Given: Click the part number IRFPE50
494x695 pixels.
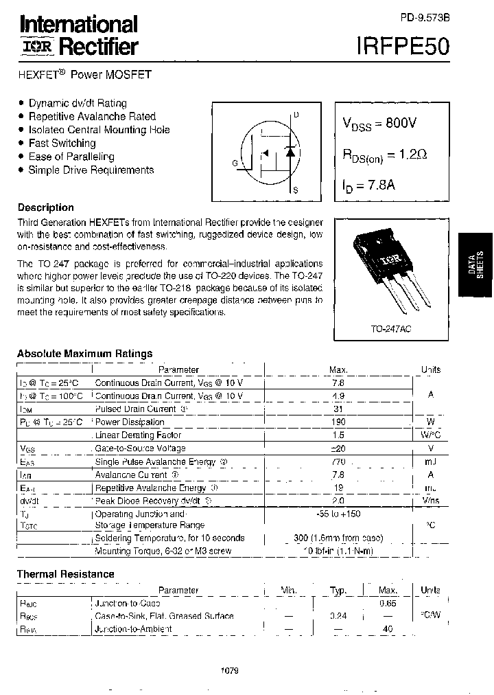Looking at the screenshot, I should coord(403,45).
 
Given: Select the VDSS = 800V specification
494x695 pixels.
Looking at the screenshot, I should coord(379,124).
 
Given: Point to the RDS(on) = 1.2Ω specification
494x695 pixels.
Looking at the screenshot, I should coord(385,155).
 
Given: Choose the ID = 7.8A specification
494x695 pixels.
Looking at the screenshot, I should coord(368,185).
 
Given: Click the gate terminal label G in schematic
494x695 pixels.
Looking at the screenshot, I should coord(235,163).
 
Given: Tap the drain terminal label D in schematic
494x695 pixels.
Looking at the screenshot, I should coord(296,115).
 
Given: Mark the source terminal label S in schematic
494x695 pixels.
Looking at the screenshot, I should coord(296,190).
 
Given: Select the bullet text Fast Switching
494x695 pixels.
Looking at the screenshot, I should coord(62,143).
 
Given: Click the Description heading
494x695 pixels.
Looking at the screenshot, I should coord(45,207).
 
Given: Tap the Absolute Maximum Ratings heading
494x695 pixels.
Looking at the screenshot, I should coord(84,353).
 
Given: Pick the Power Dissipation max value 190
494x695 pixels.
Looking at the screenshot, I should coord(338,421).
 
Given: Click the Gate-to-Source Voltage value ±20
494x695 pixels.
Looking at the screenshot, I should coord(338,448).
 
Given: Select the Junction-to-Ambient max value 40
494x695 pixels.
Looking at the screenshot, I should coord(388,628).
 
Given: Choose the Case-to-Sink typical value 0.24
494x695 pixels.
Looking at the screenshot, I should coord(338,616).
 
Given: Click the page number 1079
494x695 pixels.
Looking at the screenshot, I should coord(230,670).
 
